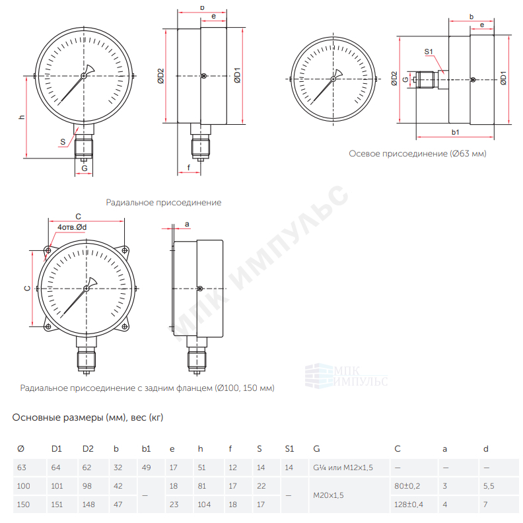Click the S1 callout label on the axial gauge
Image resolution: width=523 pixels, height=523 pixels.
click(x=429, y=52)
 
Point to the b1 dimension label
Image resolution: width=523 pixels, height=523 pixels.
click(x=455, y=132)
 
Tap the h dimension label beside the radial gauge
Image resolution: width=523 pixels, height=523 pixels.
click(x=22, y=117)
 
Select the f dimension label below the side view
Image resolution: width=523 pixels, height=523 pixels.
click(x=189, y=168)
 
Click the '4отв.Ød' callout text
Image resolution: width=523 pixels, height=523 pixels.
click(x=72, y=227)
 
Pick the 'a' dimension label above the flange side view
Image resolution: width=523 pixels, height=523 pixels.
click(x=187, y=224)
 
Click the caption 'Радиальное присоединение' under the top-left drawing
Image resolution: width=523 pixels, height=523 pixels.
click(x=164, y=203)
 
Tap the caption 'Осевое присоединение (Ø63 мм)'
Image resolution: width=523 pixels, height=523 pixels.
click(x=417, y=153)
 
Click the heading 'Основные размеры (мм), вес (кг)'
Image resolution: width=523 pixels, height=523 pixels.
click(x=88, y=417)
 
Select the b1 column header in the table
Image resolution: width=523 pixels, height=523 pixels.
click(x=146, y=449)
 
